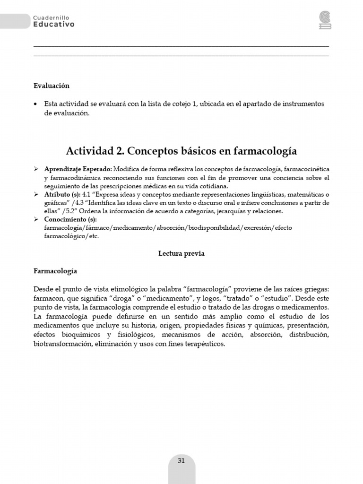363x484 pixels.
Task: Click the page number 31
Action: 181,461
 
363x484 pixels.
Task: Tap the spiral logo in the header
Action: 325,20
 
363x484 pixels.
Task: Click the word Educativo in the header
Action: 53,24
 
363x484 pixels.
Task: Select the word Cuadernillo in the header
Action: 52,17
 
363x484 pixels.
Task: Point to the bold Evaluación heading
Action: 52,86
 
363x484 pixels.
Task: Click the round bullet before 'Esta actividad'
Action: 36,104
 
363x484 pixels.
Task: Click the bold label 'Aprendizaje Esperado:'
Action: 78,169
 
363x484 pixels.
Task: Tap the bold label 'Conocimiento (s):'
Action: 70,220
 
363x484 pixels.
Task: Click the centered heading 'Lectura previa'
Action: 181,253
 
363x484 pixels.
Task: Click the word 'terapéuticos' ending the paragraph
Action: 205,344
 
